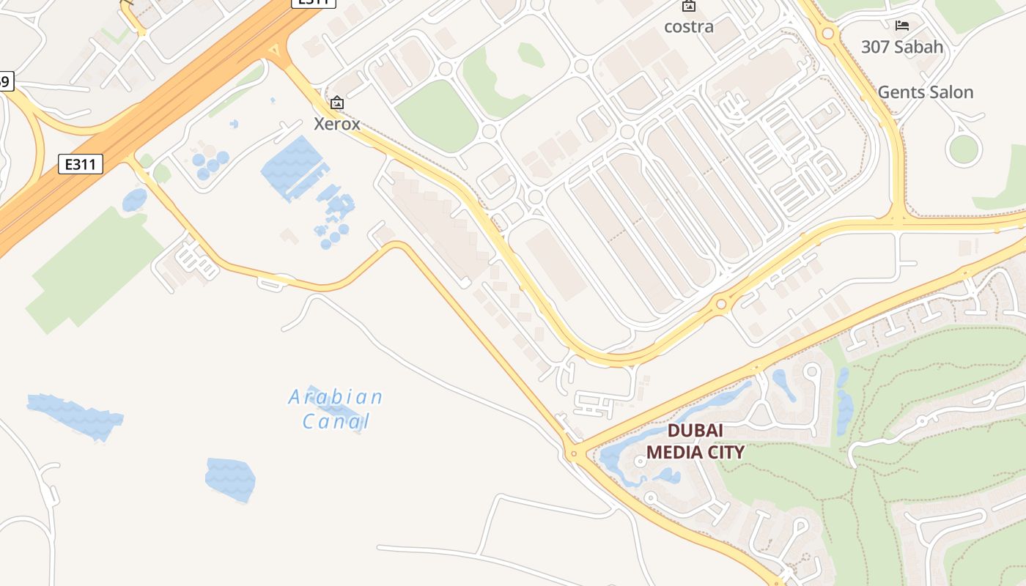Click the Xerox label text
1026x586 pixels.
337,124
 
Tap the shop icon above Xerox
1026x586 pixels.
337,103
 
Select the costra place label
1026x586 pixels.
688,26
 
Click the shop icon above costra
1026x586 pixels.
688,7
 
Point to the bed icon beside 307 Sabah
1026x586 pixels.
902,26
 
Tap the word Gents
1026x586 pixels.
901,92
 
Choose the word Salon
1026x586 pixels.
951,92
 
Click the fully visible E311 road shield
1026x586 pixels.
81,163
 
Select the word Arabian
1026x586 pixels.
335,398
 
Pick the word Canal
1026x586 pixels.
336,422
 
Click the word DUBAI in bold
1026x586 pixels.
695,431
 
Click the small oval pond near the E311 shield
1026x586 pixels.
135,199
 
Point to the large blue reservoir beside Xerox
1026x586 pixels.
292,166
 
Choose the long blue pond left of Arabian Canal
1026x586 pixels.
75,416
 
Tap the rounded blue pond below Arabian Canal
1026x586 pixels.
230,480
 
